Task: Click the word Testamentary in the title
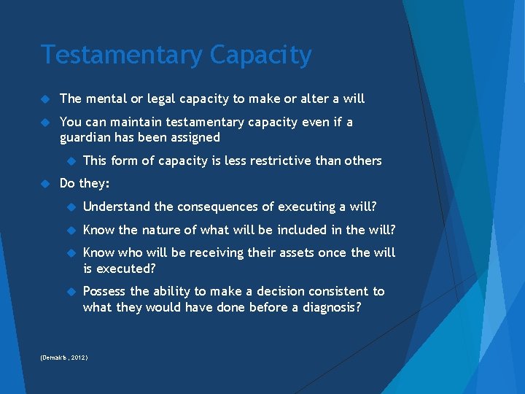coord(120,55)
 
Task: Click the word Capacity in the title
coord(260,55)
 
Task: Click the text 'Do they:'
coord(84,183)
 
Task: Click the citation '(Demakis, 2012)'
coord(65,358)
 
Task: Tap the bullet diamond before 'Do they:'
coord(44,183)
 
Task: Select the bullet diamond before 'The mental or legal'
coord(44,98)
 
